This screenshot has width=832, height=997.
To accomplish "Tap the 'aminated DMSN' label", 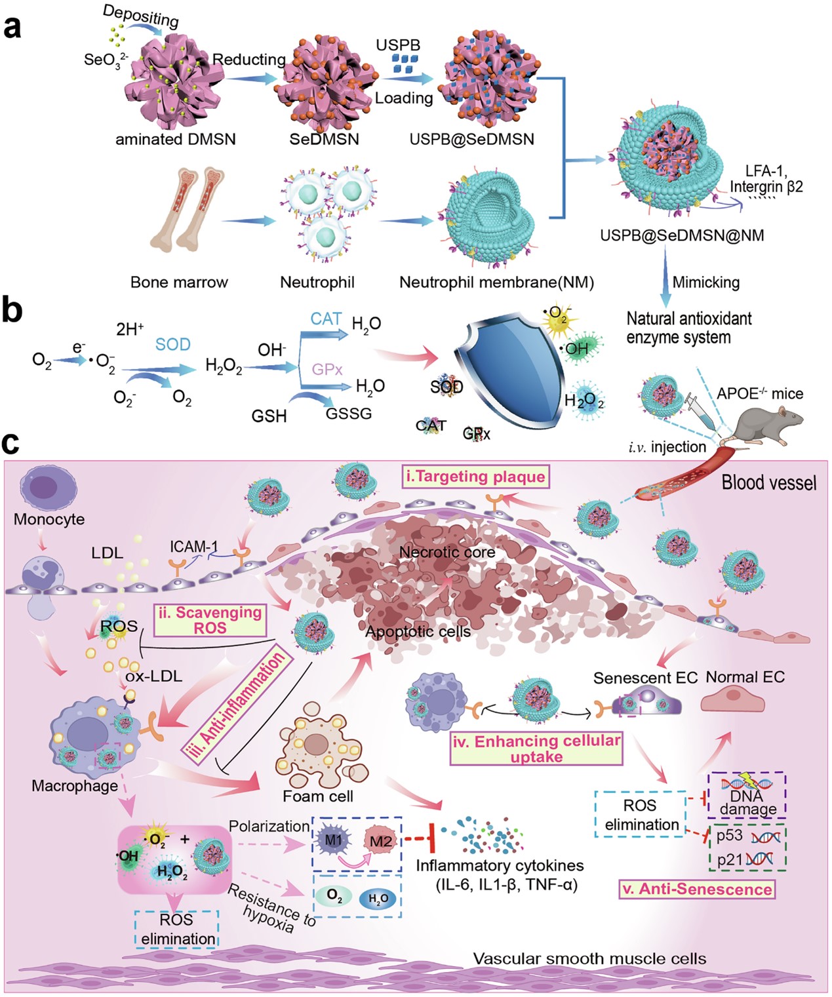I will click(x=175, y=139).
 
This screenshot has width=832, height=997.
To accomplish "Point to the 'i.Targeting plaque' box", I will click(x=475, y=477).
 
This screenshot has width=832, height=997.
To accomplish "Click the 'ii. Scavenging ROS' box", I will click(x=210, y=619).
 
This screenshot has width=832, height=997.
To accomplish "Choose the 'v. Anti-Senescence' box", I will click(x=696, y=889).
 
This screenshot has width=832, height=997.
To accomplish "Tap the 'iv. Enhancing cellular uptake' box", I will click(x=536, y=749).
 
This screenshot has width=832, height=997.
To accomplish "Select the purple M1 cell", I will click(x=333, y=840).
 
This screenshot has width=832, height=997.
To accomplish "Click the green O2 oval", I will click(x=334, y=896).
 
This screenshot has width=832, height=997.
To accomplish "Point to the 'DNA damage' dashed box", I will click(x=747, y=794).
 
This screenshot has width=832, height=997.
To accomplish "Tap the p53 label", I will click(x=729, y=836).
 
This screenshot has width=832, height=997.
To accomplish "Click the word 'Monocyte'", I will click(x=49, y=519).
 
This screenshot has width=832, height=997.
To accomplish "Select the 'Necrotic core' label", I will click(x=446, y=552).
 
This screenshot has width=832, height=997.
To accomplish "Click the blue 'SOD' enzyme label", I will click(x=172, y=344).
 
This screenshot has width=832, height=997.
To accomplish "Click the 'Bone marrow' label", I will click(x=179, y=283).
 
